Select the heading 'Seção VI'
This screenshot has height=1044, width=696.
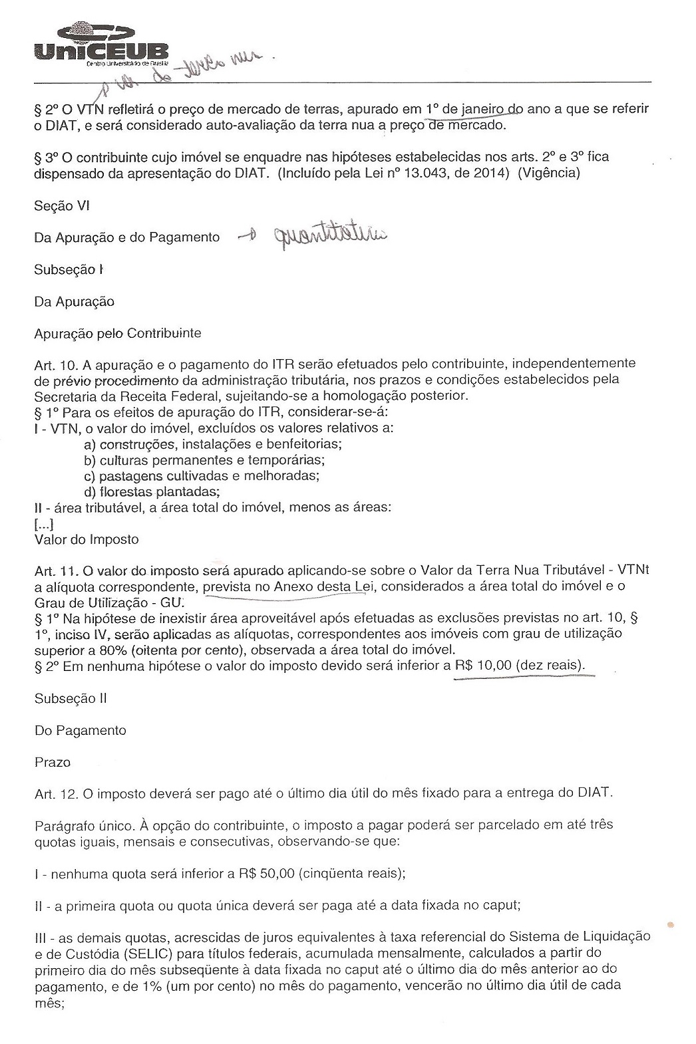click(x=61, y=206)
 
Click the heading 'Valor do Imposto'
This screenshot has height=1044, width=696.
click(x=87, y=539)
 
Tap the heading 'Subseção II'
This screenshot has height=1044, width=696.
click(x=71, y=699)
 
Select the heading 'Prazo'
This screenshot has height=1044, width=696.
click(x=52, y=762)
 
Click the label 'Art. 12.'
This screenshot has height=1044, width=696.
click(x=56, y=793)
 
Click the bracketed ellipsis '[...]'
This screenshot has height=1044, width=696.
click(x=44, y=524)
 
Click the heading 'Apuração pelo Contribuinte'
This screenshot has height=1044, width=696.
click(x=118, y=333)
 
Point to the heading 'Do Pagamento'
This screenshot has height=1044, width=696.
click(x=80, y=730)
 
